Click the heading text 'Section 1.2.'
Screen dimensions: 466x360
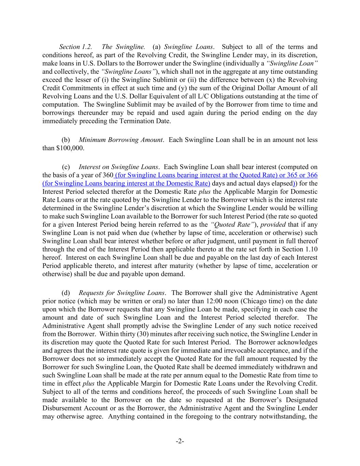[75, 47]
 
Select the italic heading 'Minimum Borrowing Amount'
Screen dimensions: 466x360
[121, 140]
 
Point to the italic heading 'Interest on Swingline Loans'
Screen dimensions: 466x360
[118, 167]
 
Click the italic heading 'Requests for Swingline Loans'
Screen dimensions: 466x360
[122, 293]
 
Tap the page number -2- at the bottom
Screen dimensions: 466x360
[180, 441]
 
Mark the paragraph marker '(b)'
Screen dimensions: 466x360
[66, 140]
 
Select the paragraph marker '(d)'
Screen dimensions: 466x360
[66, 293]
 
